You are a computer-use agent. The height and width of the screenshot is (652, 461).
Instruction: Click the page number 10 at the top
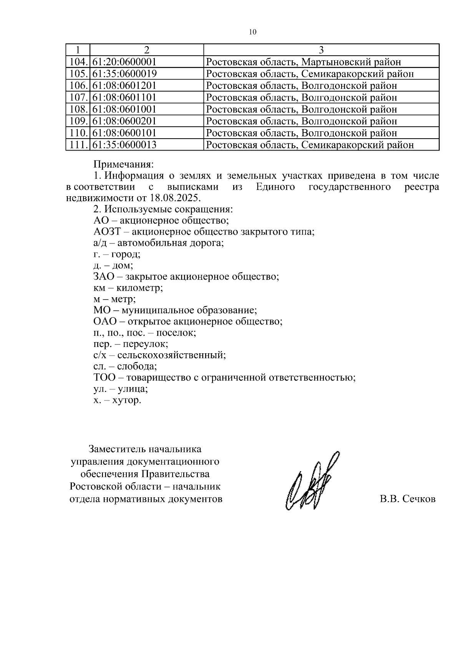pos(252,32)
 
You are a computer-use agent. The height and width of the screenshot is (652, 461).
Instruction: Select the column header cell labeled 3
pos(321,50)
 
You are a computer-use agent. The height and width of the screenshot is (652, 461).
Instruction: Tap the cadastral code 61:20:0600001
pos(124,62)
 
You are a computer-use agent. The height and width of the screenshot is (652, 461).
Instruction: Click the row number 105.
pos(78,74)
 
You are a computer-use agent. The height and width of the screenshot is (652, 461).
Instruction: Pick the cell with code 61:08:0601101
pos(124,98)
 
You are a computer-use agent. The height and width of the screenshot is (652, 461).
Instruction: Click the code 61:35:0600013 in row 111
pos(124,145)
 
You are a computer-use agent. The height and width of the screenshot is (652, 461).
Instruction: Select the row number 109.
pos(78,121)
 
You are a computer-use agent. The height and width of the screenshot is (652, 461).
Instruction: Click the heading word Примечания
pos(123,165)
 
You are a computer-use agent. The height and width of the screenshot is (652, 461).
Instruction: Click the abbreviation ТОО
pos(104,377)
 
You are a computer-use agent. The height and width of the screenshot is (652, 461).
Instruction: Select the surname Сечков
pos(419,499)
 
